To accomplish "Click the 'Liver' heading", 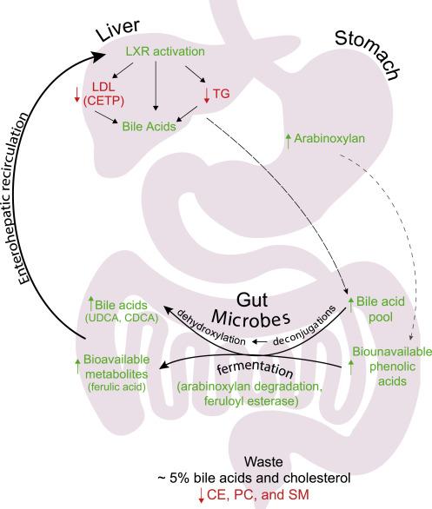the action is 118,30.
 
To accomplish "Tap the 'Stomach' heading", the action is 368,55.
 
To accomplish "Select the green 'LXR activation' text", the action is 165,51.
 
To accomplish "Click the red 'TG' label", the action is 222,94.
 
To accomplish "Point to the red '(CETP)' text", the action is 103,101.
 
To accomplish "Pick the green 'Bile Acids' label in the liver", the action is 149,126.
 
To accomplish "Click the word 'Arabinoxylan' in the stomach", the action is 329,139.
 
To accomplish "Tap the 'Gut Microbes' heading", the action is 250,309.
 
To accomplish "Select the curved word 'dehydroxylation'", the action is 210,327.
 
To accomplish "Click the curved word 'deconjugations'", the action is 304,326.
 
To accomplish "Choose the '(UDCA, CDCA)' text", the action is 122,318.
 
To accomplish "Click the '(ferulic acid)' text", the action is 116,387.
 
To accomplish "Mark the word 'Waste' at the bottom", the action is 263,461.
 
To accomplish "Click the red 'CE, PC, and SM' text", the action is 258,495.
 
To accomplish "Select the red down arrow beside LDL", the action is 77,95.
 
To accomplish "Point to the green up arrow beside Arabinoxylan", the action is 288,141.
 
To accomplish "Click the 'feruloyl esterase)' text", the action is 251,401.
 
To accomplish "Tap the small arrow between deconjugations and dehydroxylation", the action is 260,341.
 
